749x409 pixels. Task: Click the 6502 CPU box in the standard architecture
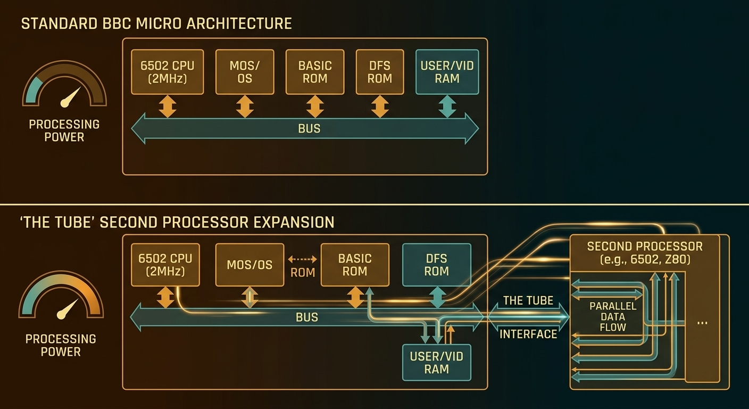pos(167,72)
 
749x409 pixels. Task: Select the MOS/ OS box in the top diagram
pos(245,72)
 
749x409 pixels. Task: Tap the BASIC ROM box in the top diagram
pos(315,72)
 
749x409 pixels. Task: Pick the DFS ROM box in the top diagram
pos(379,72)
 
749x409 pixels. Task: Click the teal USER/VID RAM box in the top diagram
pos(447,72)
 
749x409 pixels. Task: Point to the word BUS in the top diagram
pos(309,129)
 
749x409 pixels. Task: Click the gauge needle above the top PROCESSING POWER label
pos(71,97)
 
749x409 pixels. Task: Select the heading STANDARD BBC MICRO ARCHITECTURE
pos(156,23)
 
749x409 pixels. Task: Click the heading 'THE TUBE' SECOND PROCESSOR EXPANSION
pos(178,222)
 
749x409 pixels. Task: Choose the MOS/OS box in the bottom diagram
pos(249,265)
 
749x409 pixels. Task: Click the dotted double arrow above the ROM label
pos(303,259)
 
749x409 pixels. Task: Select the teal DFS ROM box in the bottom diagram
pos(436,265)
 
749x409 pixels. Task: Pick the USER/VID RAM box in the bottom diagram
pos(436,363)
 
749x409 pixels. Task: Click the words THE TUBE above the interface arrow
pos(528,301)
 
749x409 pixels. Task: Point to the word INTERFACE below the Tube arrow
pos(528,334)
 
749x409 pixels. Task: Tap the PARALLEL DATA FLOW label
pos(613,317)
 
